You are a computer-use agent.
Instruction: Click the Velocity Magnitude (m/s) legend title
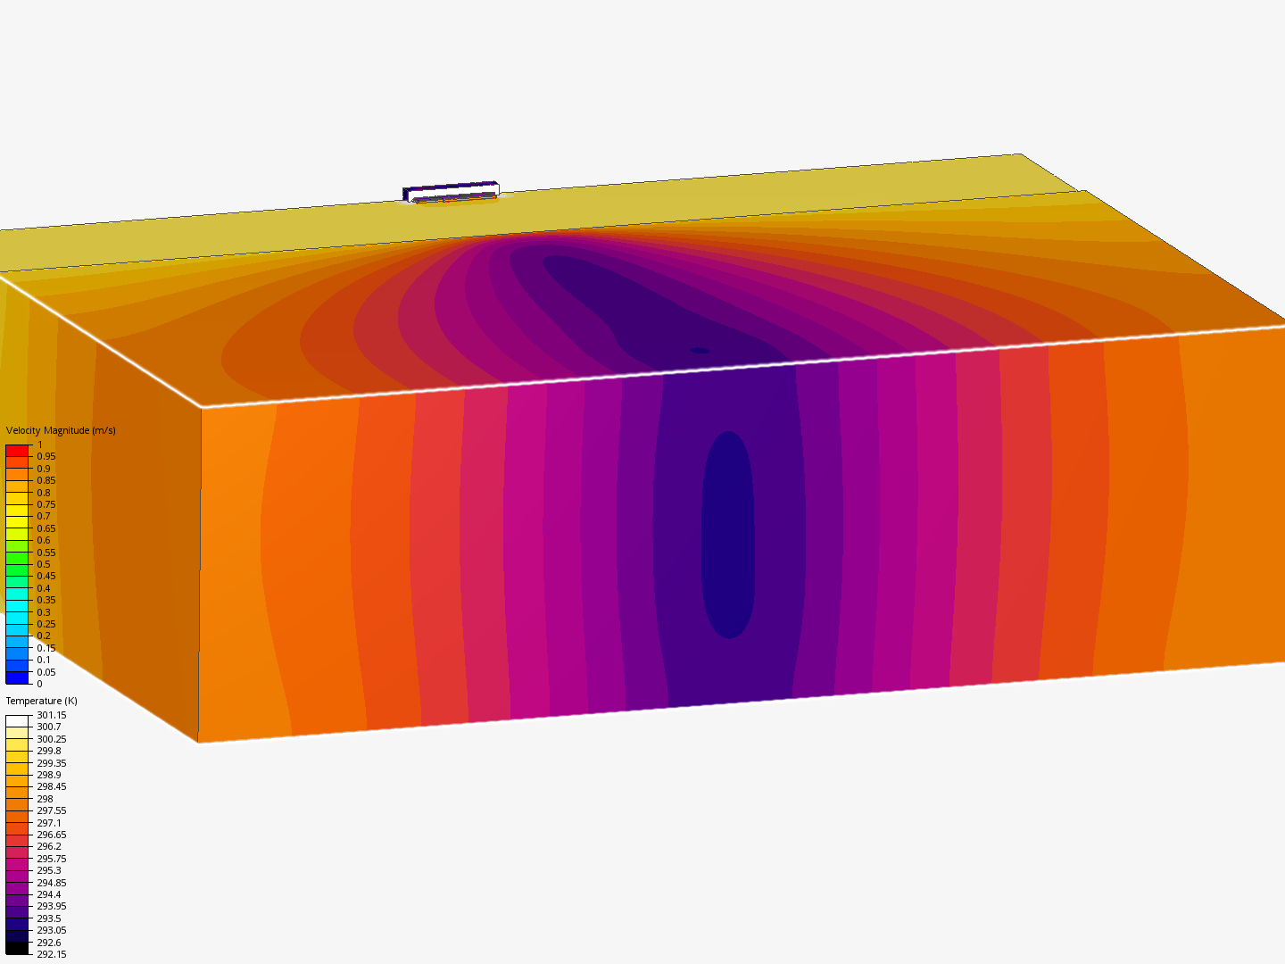pos(61,430)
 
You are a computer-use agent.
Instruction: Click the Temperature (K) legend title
pos(41,701)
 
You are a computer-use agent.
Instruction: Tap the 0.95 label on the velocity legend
pos(46,456)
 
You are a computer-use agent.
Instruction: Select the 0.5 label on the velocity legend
pos(43,564)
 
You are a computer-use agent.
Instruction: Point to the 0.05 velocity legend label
pos(46,672)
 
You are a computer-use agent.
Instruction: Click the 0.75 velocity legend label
pos(46,504)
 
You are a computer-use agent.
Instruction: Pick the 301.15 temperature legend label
pos(51,715)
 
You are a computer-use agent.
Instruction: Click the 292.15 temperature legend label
pos(51,954)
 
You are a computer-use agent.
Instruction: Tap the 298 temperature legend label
pos(45,799)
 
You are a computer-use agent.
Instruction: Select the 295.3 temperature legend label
pos(48,870)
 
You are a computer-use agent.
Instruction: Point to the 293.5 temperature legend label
pos(48,918)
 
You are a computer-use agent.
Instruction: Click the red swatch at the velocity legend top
pos(17,451)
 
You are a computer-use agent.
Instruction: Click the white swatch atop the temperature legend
pos(17,721)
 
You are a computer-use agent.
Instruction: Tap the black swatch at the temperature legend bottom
pos(17,948)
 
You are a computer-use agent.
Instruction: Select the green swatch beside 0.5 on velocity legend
pos(17,559)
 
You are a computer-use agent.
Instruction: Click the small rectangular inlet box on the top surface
pos(451,192)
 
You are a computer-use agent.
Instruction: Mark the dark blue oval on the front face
pos(729,536)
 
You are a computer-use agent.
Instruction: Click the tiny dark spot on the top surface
pos(700,351)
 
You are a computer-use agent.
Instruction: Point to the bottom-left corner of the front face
pos(198,741)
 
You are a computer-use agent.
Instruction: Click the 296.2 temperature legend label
pos(48,846)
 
